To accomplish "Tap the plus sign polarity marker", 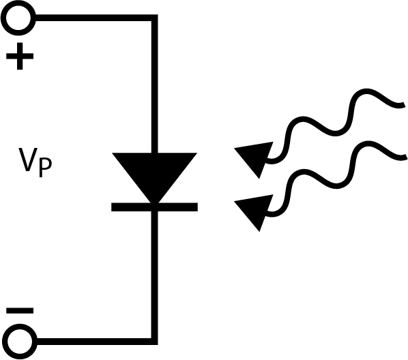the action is pos(20,56).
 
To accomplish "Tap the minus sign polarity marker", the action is pos(20,311).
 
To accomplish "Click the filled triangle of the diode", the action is pos(155,175).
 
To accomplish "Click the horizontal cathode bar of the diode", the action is pos(155,207).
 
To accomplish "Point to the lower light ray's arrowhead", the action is pos(254,210).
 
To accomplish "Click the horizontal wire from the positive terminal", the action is pos(93,18).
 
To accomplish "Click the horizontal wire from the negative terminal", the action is pos(94,342).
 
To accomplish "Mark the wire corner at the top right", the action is pos(155,18).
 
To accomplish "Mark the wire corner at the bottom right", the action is pos(155,342).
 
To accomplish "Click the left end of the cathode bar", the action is pos(112,207).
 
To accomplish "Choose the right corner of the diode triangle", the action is pos(196,153).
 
